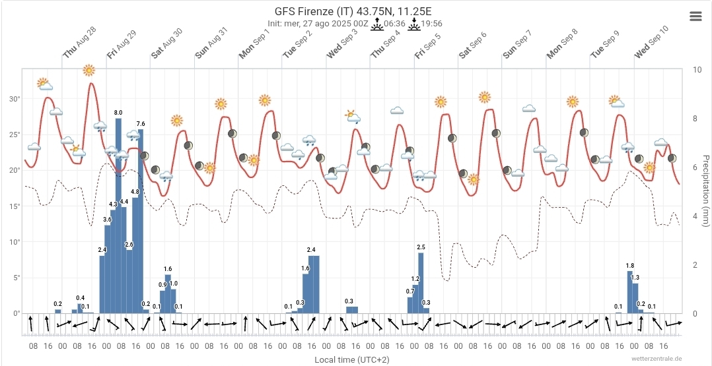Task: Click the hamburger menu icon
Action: [695, 16]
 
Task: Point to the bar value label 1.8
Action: [630, 266]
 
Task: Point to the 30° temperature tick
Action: [14, 99]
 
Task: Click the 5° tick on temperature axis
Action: [16, 278]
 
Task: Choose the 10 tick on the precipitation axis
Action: [697, 69]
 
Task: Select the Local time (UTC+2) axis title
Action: [352, 359]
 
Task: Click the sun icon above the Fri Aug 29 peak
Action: [89, 70]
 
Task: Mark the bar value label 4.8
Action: [135, 192]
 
